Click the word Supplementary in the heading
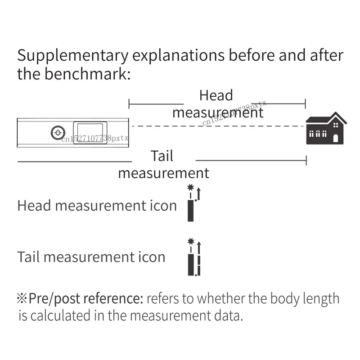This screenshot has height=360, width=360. point(73,56)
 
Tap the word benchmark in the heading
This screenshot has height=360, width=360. point(87,74)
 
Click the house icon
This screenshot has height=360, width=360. point(326,128)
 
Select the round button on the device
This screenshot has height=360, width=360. point(58,132)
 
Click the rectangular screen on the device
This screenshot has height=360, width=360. point(90,133)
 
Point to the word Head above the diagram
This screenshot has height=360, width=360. point(216,95)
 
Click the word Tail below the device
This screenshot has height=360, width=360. point(162,156)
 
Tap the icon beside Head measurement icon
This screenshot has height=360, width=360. point(193,203)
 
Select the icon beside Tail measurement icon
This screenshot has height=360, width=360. point(194,257)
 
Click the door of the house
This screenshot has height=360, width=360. point(335,139)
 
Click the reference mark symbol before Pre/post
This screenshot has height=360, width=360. point(22,298)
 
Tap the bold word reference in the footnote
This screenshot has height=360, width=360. point(113,298)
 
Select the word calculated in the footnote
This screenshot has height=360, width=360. point(60,315)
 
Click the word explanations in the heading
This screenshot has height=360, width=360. point(178,56)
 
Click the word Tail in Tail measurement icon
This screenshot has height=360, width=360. point(28,256)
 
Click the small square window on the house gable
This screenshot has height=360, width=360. point(336,125)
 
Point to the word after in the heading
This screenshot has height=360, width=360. point(327,55)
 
